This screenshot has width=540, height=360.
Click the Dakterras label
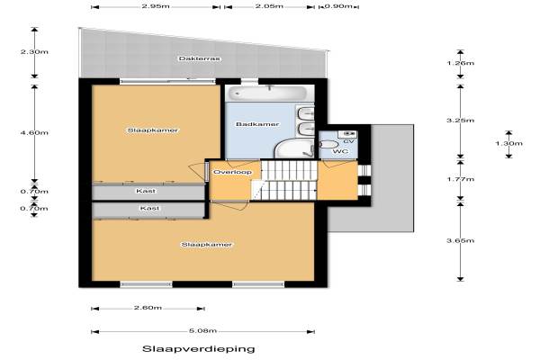click(x=199, y=58)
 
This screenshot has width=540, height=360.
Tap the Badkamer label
click(x=257, y=124)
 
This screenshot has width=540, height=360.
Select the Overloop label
click(x=232, y=172)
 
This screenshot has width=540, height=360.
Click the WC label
click(x=340, y=151)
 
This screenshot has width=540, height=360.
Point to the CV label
click(x=348, y=141)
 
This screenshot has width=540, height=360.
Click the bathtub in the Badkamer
click(x=268, y=93)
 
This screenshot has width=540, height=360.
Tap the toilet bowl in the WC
click(x=328, y=145)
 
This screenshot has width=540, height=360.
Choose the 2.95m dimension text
click(x=156, y=6)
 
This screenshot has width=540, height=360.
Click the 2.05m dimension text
click(x=269, y=6)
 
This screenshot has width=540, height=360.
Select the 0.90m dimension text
click(x=338, y=6)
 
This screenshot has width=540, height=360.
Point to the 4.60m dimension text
click(x=34, y=132)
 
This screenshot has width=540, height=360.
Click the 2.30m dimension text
click(x=34, y=52)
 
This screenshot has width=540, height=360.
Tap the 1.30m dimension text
click(x=509, y=143)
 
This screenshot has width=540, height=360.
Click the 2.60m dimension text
click(x=148, y=308)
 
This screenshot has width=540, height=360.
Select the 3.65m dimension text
click(x=461, y=240)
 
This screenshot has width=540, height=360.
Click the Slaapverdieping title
click(x=199, y=349)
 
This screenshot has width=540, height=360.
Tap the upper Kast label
click(x=146, y=191)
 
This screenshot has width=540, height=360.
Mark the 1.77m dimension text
click(x=461, y=179)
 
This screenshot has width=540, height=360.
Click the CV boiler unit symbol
click(x=347, y=134)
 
